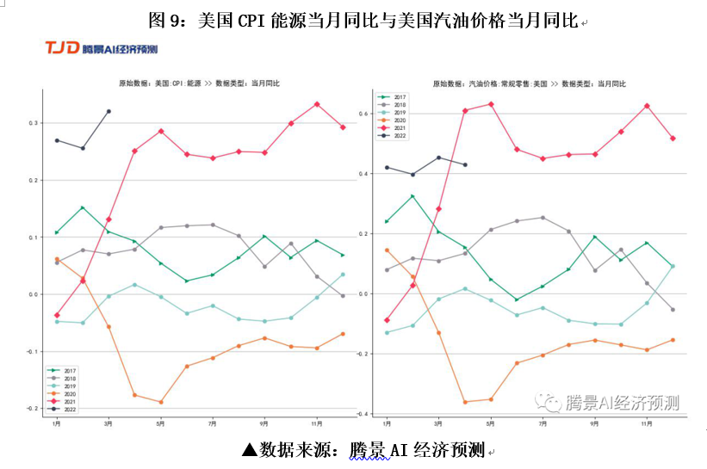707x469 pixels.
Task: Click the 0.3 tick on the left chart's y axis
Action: tap(32, 123)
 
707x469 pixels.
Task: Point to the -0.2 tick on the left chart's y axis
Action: tap(31, 408)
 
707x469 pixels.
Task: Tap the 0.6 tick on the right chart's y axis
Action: tap(364, 114)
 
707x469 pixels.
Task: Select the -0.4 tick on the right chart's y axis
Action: tap(363, 414)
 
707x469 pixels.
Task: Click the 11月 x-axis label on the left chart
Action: tap(317, 423)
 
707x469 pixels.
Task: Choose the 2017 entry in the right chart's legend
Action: tap(399, 97)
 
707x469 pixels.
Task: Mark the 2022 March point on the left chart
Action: tap(109, 111)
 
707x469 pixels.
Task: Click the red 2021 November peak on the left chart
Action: tap(317, 104)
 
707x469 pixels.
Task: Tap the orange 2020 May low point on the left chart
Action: tap(161, 402)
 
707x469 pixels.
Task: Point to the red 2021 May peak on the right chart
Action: tap(491, 104)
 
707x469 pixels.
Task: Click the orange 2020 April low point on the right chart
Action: tap(465, 402)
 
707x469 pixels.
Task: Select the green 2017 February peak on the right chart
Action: tap(412, 196)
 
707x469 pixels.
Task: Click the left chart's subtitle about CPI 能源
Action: tap(199, 83)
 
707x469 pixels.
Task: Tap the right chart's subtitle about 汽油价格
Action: tap(529, 83)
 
